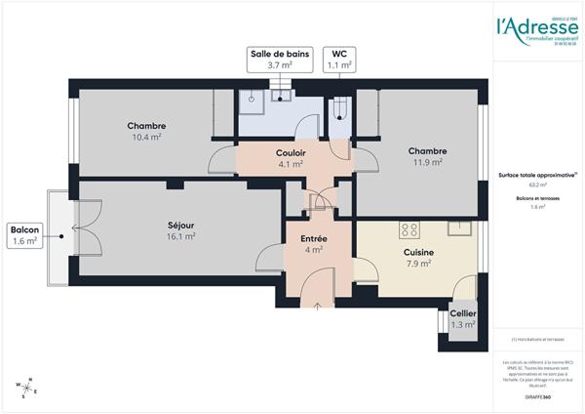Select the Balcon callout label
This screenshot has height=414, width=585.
[x=24, y=234]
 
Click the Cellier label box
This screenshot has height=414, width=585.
[x=462, y=319]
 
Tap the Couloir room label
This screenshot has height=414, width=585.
[x=292, y=153]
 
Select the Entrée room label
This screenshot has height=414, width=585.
[x=313, y=238]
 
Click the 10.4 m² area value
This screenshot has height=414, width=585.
[x=146, y=138]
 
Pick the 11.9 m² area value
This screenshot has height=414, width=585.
[x=427, y=163]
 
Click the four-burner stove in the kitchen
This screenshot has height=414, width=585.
[x=409, y=230]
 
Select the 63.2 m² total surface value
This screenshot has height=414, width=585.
[x=537, y=184]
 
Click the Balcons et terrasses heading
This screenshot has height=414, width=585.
[x=537, y=198]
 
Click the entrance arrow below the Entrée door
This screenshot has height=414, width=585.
[x=319, y=307]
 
